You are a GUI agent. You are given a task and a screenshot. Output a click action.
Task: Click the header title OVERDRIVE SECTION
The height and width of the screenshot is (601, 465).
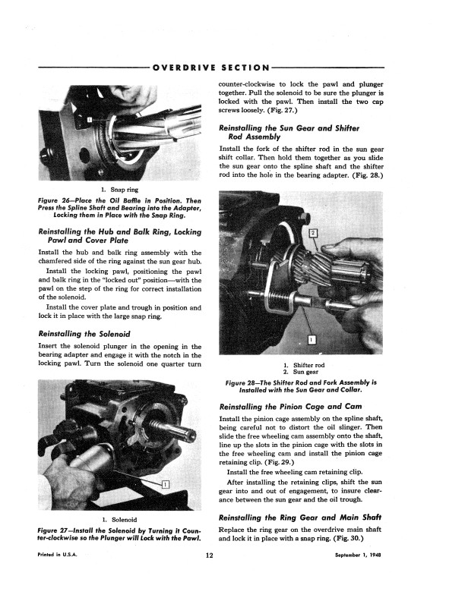210,68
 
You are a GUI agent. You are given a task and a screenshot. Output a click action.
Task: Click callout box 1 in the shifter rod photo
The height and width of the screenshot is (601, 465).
312,339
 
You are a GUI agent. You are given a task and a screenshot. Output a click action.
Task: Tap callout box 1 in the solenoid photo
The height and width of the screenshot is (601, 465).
166,484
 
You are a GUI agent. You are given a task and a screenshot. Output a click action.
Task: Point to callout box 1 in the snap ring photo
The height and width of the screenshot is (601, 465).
89,121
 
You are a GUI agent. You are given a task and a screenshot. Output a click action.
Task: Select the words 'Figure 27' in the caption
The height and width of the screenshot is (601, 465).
58,529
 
